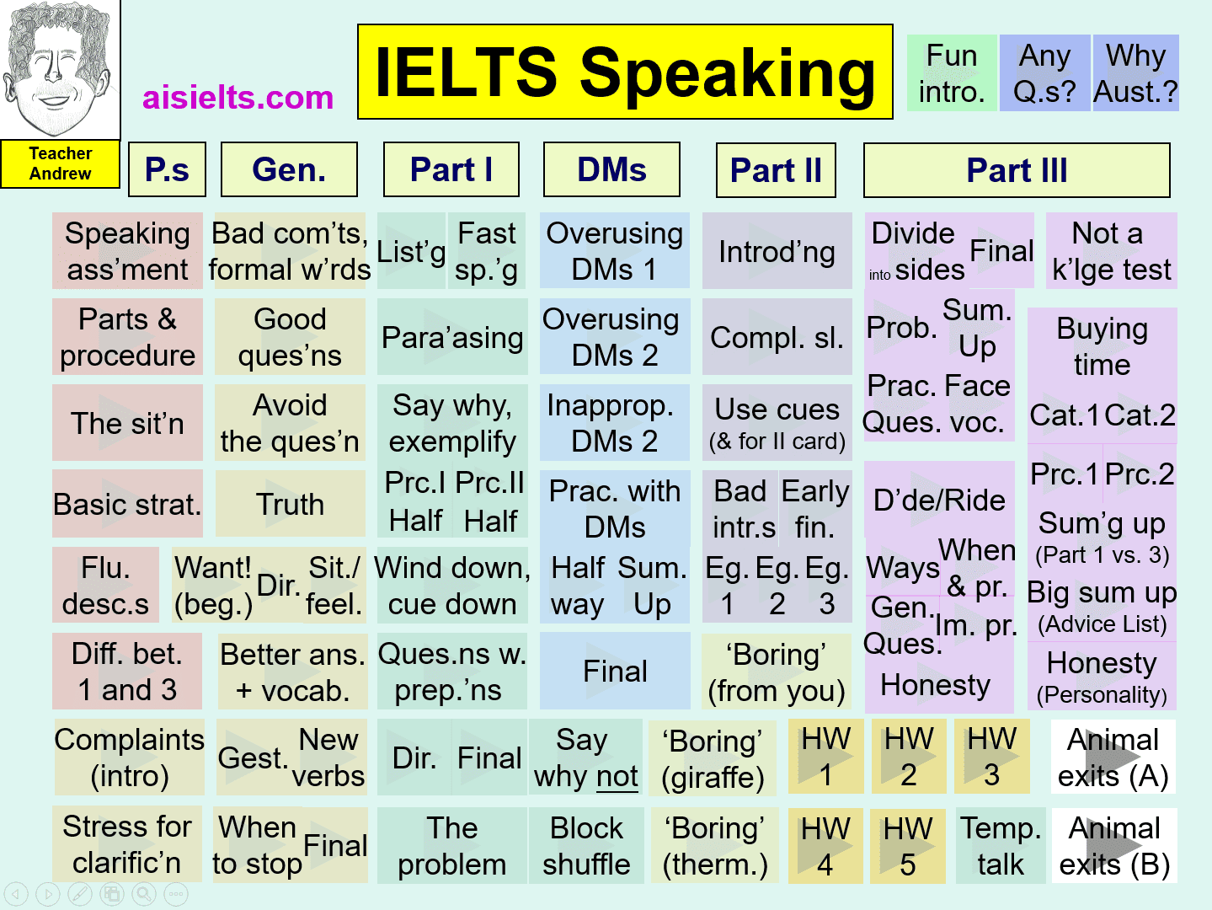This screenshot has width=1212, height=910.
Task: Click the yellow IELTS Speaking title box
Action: tap(625, 72)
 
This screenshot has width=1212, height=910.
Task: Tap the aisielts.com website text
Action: tap(238, 98)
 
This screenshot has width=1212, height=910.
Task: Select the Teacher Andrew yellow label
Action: tap(60, 163)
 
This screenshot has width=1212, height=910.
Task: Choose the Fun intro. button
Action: tap(952, 73)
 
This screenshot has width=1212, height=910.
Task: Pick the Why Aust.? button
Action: tap(1136, 73)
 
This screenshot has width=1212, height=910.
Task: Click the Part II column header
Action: tap(776, 169)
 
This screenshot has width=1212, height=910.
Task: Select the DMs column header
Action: tap(611, 169)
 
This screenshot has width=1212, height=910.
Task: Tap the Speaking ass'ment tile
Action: tap(127, 251)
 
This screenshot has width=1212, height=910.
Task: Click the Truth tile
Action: tap(290, 504)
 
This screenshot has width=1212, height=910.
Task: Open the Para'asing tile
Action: tap(452, 337)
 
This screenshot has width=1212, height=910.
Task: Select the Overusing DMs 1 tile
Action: tap(615, 251)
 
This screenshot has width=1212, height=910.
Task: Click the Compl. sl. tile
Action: tap(777, 337)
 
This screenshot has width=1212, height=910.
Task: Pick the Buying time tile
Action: tap(1103, 347)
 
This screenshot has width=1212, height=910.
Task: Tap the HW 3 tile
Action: tap(991, 757)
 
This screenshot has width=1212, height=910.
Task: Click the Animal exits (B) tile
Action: tap(1114, 846)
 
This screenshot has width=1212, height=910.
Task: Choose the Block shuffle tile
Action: tap(586, 846)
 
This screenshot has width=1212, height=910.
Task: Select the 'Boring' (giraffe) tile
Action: tap(713, 757)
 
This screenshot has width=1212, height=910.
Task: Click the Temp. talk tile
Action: tap(1001, 846)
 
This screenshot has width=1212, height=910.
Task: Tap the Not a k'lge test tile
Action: tap(1112, 251)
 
